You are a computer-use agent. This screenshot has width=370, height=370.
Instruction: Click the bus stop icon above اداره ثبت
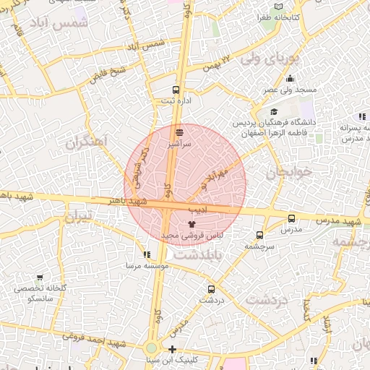[x=176, y=90]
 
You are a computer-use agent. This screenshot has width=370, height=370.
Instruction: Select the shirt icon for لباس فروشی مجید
[x=191, y=225]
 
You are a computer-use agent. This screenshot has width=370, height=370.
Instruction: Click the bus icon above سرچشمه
[x=259, y=235]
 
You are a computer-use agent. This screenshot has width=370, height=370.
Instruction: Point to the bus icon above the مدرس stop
[x=291, y=218]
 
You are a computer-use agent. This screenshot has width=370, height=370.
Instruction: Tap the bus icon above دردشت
[x=212, y=287]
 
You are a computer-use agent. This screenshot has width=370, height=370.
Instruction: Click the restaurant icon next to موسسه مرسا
[x=147, y=254]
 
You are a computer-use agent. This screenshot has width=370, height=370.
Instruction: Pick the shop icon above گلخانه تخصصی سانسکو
[x=39, y=277]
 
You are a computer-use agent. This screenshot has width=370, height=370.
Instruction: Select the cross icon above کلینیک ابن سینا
[x=171, y=350]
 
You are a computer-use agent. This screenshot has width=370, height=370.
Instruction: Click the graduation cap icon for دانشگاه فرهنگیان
[x=275, y=112]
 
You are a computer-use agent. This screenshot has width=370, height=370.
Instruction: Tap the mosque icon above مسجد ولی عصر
[x=290, y=79]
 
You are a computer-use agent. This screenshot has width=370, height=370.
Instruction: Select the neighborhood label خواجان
[x=288, y=173]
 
